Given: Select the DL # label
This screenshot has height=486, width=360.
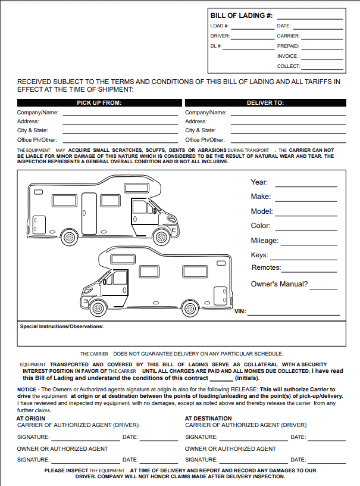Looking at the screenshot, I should click(x=216, y=46).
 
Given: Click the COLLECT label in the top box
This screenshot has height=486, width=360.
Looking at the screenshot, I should click(x=289, y=66).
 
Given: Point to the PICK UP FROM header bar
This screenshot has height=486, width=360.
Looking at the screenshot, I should click(x=99, y=102).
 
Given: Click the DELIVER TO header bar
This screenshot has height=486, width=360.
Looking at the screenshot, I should click(x=265, y=102).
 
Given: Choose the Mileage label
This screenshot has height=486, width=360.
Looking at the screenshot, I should click(x=264, y=241).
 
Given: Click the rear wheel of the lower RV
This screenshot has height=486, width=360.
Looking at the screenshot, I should click(x=190, y=308).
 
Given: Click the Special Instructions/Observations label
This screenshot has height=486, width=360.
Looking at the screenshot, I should click(x=62, y=326).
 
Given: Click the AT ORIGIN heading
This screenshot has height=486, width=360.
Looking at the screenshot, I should click(x=31, y=418).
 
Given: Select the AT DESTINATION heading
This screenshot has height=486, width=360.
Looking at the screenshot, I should click(x=208, y=418).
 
